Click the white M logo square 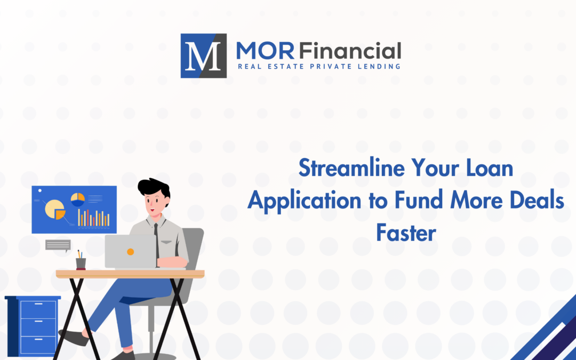(204, 56)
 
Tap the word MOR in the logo (265, 51)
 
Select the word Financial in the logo (350, 51)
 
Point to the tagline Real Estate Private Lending (319, 67)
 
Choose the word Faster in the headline (406, 233)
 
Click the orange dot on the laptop (131, 252)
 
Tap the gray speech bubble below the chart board (58, 245)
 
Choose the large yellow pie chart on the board (55, 210)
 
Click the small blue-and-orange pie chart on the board (78, 199)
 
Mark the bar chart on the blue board (94, 218)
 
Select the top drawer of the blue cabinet (38, 309)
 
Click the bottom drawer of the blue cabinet (38, 345)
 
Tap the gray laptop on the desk (131, 252)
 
